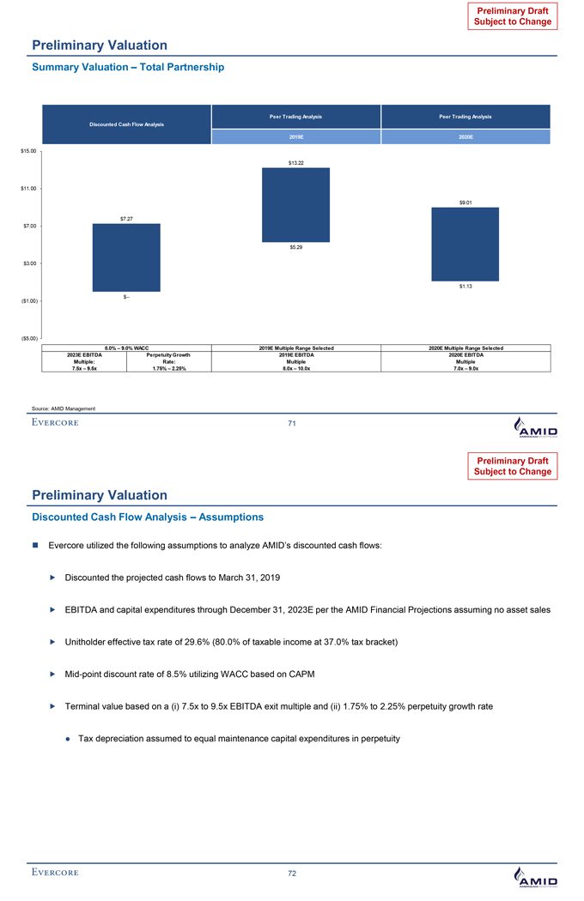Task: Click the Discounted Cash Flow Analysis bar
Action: point(126,257)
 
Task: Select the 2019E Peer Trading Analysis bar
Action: point(295,204)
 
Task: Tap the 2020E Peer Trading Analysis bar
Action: point(465,244)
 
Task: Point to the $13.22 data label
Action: point(295,162)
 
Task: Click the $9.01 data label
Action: point(465,202)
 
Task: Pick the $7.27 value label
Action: point(126,218)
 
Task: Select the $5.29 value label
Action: point(295,247)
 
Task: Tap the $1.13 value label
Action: point(465,286)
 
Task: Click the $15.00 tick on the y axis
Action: point(27,151)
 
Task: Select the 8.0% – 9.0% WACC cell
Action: point(127,347)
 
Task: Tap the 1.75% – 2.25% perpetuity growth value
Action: point(168,368)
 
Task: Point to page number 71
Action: point(292,424)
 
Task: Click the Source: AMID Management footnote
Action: point(65,407)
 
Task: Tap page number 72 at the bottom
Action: point(292,873)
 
